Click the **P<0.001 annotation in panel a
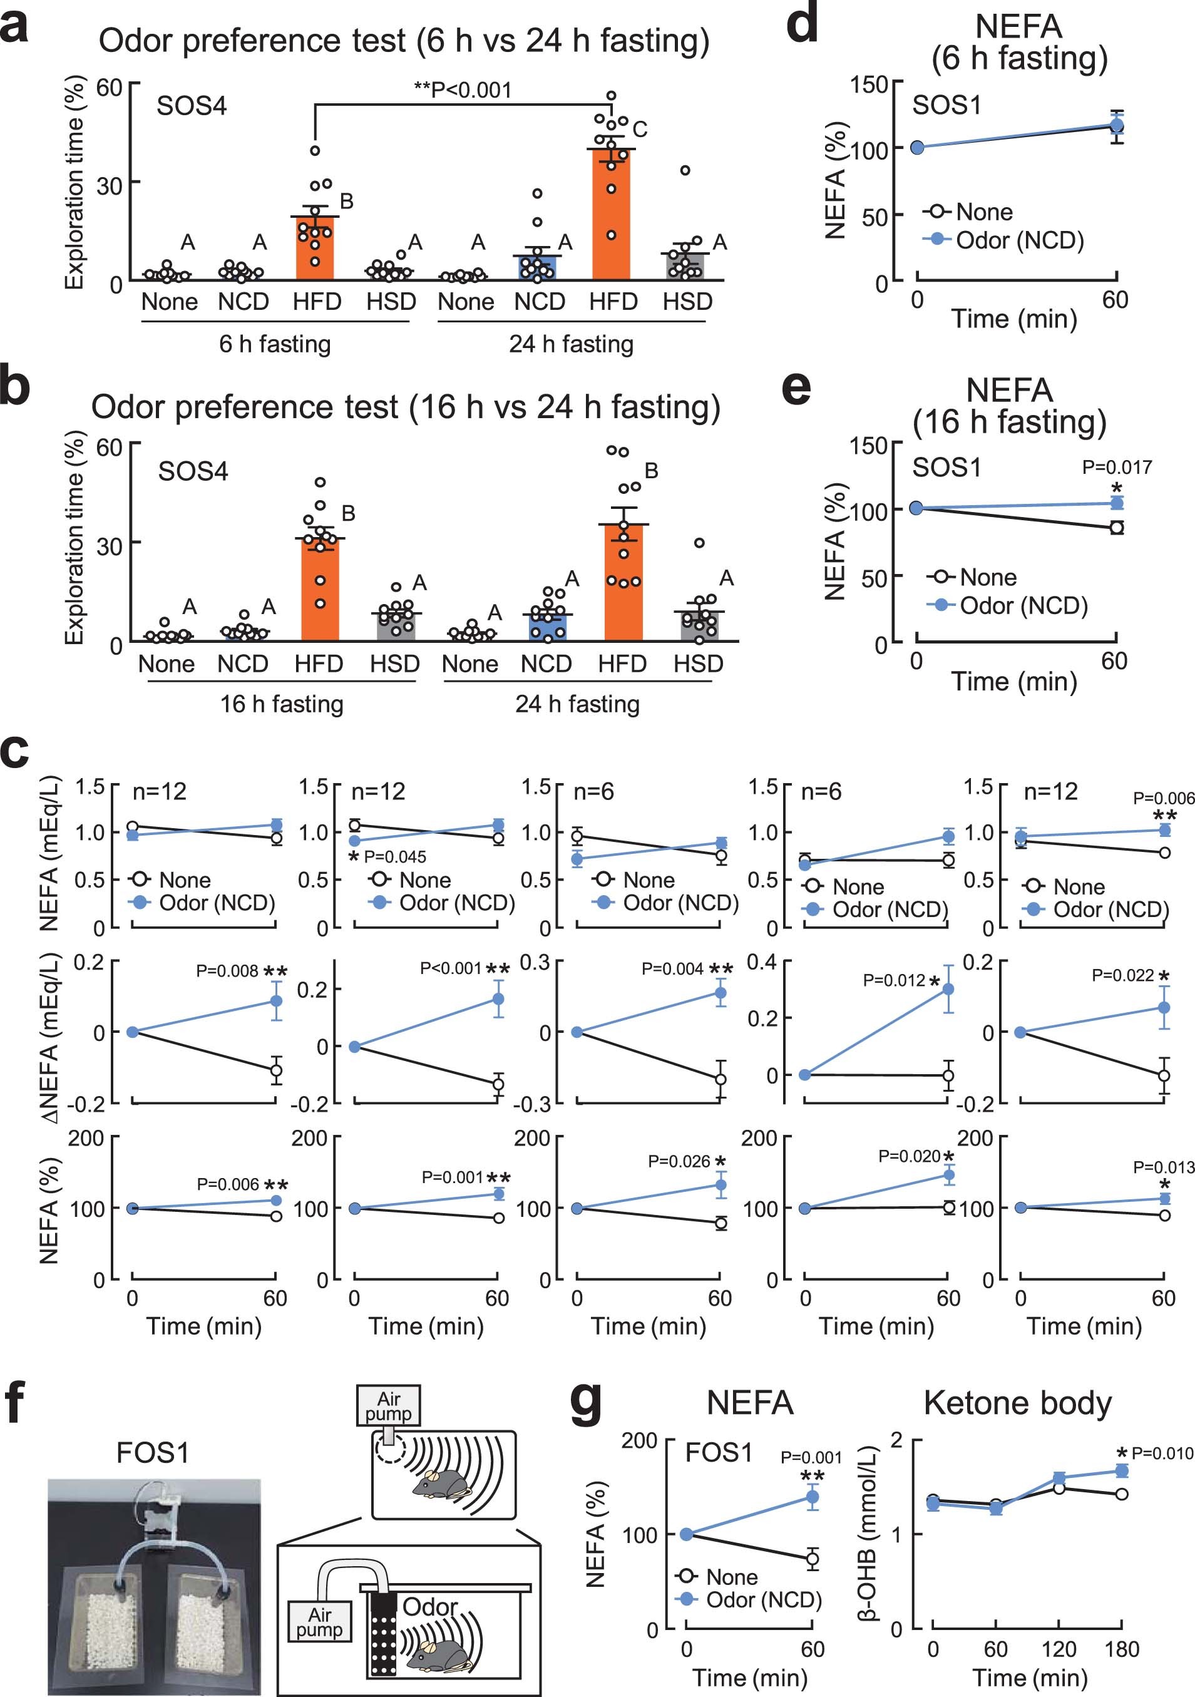(x=463, y=90)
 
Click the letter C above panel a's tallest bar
(x=640, y=130)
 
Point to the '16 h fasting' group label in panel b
(x=282, y=704)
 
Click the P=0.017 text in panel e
(x=1116, y=467)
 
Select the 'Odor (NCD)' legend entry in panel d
(x=1019, y=240)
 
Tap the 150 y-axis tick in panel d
(x=868, y=85)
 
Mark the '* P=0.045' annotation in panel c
(x=387, y=856)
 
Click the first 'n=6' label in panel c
(x=594, y=792)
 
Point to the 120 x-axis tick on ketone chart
(x=1059, y=1649)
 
